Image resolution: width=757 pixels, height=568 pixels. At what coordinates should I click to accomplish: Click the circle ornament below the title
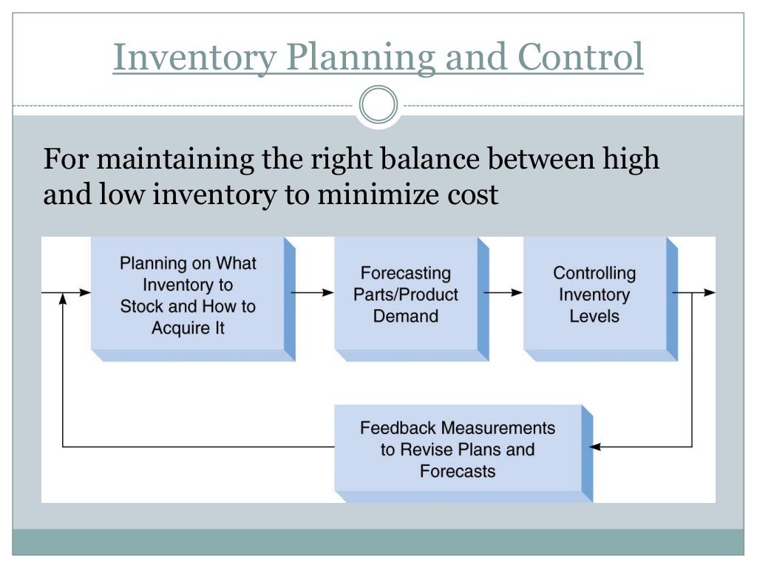(x=378, y=105)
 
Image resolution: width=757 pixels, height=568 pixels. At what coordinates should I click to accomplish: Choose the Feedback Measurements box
(x=458, y=449)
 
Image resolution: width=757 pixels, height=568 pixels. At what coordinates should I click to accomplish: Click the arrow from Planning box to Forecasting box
(x=313, y=292)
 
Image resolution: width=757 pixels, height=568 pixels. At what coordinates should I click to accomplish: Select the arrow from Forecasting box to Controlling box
(x=503, y=292)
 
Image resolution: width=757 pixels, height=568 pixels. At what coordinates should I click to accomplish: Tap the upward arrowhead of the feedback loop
(x=63, y=298)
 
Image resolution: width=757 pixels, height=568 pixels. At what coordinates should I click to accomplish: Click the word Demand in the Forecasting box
(x=405, y=316)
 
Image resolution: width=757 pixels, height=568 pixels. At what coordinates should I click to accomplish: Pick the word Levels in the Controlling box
(x=594, y=316)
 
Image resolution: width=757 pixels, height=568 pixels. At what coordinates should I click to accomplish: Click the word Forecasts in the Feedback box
(x=458, y=470)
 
